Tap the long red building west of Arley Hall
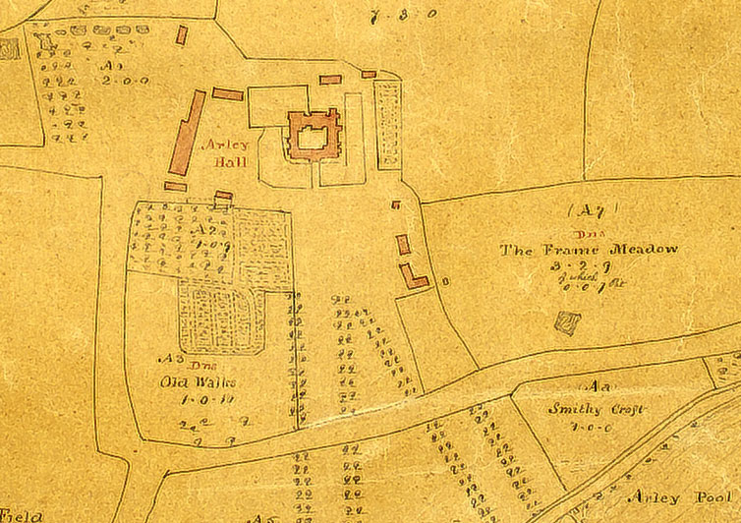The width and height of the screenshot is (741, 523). (187, 134)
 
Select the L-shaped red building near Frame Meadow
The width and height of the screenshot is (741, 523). (411, 276)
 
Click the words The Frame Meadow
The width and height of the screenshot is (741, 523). (590, 250)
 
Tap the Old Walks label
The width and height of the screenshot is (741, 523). (192, 380)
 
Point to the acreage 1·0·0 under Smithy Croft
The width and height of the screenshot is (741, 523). (592, 427)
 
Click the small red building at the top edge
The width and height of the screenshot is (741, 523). (181, 35)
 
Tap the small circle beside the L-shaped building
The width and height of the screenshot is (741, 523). (445, 281)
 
